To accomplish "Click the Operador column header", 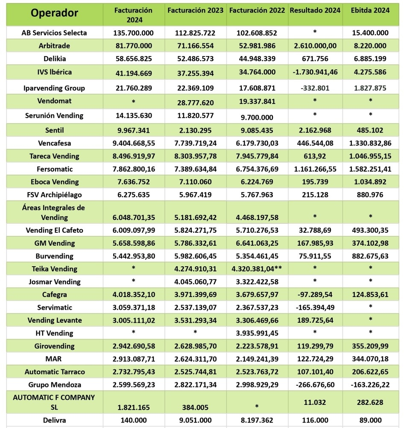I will (x=54, y=13).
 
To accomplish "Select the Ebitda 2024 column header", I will (x=370, y=11).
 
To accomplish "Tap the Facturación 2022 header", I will (x=257, y=11).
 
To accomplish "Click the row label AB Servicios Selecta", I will (x=54, y=33).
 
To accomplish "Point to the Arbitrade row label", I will (x=54, y=46).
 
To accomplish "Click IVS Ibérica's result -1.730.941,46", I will (x=315, y=72).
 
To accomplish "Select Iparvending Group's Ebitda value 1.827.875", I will (x=370, y=88).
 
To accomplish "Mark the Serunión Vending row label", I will (x=54, y=116).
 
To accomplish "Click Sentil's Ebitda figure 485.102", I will (x=370, y=130).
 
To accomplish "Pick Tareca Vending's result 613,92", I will (x=315, y=156).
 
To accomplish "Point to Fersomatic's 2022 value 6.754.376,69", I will (x=257, y=169).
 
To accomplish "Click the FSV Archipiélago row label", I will (x=54, y=195).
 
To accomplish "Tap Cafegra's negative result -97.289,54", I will (x=315, y=294).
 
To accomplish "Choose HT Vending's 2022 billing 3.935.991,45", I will (x=257, y=333).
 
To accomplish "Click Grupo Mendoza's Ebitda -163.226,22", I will (x=370, y=384).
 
